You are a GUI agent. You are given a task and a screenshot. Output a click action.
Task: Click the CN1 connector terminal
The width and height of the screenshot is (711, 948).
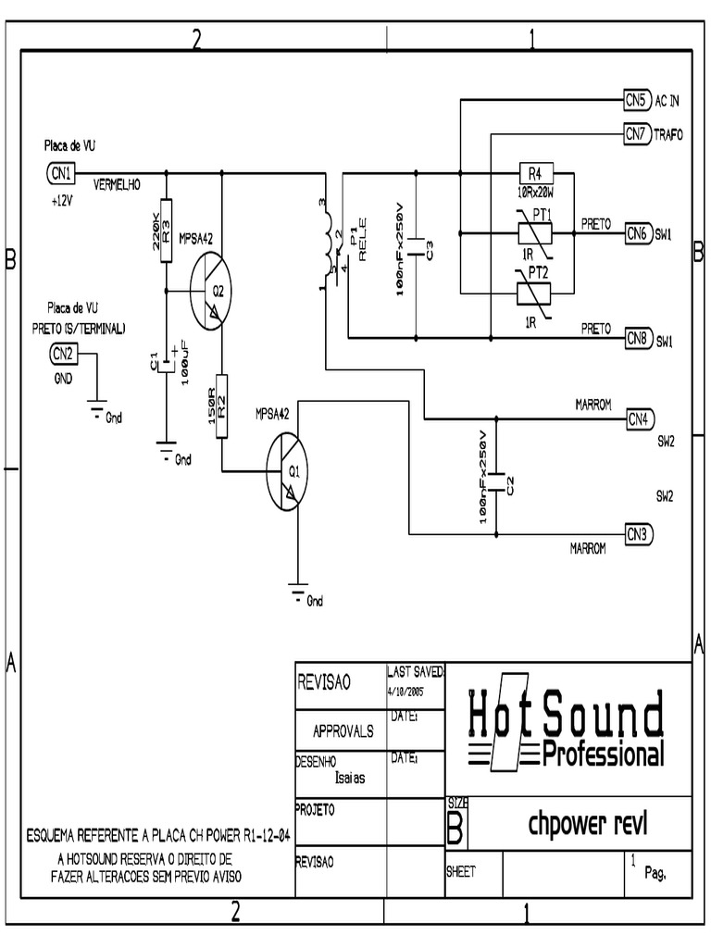[x=60, y=172]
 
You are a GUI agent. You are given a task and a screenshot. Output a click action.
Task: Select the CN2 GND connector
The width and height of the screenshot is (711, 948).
[x=61, y=353]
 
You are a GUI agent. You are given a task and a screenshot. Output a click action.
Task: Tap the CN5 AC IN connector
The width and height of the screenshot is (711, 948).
[x=635, y=99]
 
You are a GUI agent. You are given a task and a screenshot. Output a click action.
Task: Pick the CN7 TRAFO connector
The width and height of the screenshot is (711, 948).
[x=635, y=134]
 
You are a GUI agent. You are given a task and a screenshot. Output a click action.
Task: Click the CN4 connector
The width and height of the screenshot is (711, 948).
[x=639, y=418]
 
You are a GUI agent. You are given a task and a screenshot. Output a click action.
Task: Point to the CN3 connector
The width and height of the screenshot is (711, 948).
[x=639, y=534]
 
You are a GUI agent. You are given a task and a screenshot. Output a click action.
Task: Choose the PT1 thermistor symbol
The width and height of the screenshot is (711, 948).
[x=533, y=232]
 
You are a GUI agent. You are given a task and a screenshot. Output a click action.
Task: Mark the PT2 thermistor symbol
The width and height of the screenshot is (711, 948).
[x=533, y=293]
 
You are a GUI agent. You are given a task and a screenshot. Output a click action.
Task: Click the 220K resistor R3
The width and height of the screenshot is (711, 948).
[x=166, y=231]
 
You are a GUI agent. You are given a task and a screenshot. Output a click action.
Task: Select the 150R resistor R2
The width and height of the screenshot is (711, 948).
[x=222, y=405]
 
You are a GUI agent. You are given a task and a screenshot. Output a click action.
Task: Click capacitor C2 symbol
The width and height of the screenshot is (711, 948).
[x=496, y=480]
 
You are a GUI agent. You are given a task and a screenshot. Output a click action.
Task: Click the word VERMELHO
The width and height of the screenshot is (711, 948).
[x=117, y=185]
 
